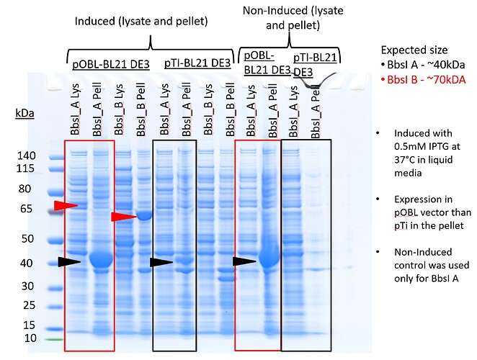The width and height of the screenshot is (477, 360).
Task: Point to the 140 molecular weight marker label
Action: click(x=25, y=155)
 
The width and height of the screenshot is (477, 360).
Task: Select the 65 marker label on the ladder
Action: click(x=27, y=209)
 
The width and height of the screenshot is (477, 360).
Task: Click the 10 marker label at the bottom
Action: click(x=27, y=338)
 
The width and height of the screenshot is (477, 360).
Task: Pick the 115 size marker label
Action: click(x=25, y=168)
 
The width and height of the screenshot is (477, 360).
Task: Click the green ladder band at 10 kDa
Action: click(x=54, y=338)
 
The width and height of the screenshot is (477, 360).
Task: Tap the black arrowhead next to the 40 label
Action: click(x=70, y=262)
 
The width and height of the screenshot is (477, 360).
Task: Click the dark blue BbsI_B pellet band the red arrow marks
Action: click(x=144, y=215)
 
